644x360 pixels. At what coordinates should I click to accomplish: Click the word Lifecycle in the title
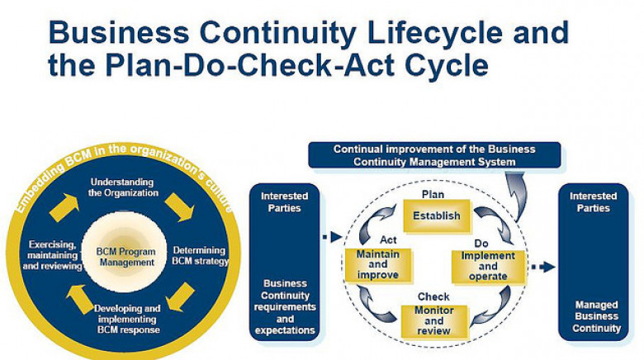click(434, 32)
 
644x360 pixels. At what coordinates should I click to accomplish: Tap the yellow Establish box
click(437, 216)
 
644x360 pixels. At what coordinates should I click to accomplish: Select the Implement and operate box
click(488, 267)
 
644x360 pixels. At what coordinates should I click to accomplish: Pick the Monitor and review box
click(434, 321)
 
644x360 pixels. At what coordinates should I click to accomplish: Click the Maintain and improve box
click(378, 265)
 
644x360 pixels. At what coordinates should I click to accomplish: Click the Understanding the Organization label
click(123, 187)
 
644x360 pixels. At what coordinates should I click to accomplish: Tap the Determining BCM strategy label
click(200, 256)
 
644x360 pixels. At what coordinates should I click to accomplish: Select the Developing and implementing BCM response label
click(128, 319)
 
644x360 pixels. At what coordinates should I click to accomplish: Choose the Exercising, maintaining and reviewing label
click(53, 255)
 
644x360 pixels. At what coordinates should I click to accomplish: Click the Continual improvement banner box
click(434, 155)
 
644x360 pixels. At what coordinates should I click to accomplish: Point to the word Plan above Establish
click(433, 194)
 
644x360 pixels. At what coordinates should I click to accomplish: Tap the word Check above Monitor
click(433, 296)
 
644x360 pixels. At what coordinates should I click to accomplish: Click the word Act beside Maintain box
click(388, 239)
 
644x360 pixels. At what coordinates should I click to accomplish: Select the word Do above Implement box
click(481, 244)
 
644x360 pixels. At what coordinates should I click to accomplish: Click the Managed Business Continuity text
click(596, 316)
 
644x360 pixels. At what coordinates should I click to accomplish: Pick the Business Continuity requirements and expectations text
click(285, 306)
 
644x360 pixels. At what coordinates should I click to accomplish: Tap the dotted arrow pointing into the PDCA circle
click(332, 237)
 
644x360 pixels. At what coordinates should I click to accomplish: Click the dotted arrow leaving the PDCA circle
click(543, 268)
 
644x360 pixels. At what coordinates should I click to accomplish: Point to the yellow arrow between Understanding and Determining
click(179, 207)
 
